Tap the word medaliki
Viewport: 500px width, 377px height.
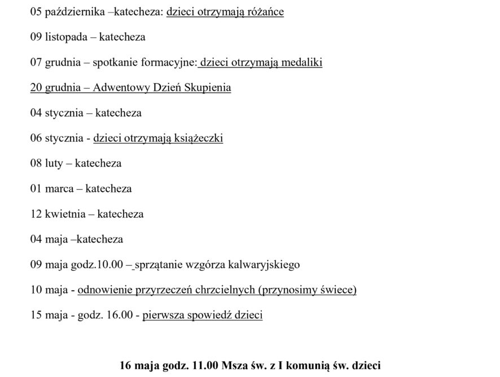(x=301, y=63)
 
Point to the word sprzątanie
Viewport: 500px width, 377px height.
(x=160, y=264)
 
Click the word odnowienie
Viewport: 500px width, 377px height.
(x=106, y=290)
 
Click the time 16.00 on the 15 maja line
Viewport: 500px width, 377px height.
(x=119, y=315)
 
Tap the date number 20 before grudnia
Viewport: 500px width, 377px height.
(x=36, y=88)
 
